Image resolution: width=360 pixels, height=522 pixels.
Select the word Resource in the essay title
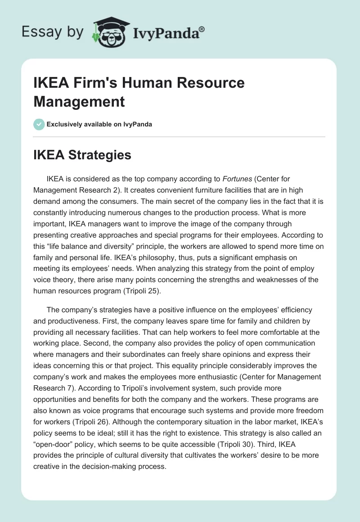point(214,83)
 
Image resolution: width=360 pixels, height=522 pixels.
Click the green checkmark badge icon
point(39,124)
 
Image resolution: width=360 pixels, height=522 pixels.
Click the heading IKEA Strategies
point(82,155)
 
